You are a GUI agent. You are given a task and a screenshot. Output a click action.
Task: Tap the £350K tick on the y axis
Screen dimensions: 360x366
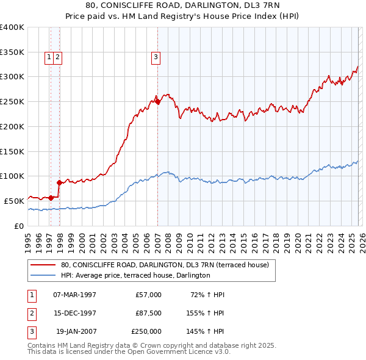click(x=12, y=52)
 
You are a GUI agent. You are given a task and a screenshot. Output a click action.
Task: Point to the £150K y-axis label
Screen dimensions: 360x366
click(x=12, y=151)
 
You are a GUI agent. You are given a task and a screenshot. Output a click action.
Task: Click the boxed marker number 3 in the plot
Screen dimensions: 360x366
click(x=156, y=58)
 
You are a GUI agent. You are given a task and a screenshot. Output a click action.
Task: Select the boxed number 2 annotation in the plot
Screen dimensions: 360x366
click(x=57, y=58)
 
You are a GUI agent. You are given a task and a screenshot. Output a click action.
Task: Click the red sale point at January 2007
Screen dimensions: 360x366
click(x=157, y=102)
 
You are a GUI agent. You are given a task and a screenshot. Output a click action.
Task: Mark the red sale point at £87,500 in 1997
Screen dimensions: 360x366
click(x=59, y=182)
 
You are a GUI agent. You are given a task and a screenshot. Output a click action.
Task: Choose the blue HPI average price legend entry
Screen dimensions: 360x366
click(x=135, y=275)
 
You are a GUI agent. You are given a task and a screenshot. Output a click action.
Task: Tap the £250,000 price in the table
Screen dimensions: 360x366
click(x=146, y=331)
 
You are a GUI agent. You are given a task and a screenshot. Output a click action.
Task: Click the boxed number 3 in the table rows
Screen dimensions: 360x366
click(x=30, y=331)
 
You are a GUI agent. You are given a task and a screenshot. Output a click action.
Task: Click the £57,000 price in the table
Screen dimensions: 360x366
click(x=148, y=295)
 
